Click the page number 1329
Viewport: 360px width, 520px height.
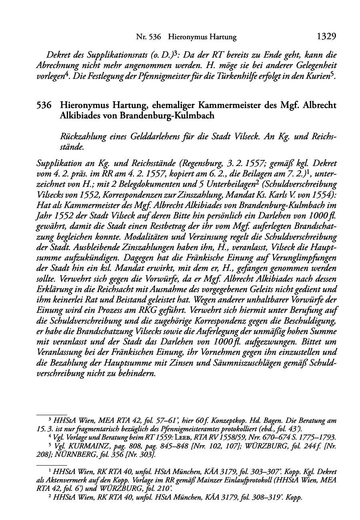(326, 37)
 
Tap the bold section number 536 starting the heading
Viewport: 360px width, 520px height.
(44, 106)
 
